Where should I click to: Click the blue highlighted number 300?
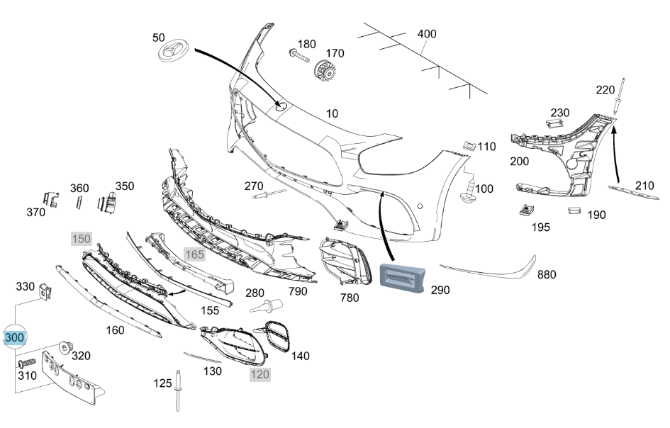coord(14,337)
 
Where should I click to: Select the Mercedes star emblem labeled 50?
coord(174,50)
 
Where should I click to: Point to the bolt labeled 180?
coord(299,55)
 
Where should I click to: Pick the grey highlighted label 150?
coord(82,239)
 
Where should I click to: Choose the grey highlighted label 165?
coord(194,254)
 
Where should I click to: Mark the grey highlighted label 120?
coord(259,375)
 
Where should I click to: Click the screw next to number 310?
coord(26,363)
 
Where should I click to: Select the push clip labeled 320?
coord(65,348)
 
